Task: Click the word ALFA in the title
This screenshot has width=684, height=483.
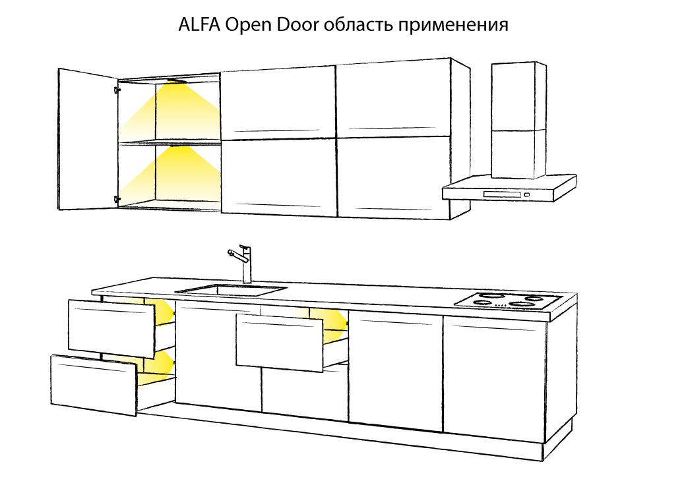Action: pyautogui.click(x=199, y=25)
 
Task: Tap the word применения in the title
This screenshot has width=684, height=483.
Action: pyautogui.click(x=453, y=26)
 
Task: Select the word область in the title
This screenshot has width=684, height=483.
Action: pyautogui.click(x=359, y=25)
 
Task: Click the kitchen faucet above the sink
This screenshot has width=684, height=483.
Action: pyautogui.click(x=241, y=264)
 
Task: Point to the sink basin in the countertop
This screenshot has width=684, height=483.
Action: pyautogui.click(x=232, y=291)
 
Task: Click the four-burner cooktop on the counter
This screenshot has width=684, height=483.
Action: pyautogui.click(x=508, y=301)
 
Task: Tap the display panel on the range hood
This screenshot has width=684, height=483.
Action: pyautogui.click(x=502, y=194)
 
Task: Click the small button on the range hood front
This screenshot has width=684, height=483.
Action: pyautogui.click(x=527, y=194)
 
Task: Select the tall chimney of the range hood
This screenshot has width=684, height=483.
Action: pyautogui.click(x=518, y=121)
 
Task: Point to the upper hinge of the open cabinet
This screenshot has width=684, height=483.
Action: pyautogui.click(x=117, y=90)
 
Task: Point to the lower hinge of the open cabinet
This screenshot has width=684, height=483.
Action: pyautogui.click(x=117, y=200)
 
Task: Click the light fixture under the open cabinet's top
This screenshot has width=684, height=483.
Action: pyautogui.click(x=177, y=81)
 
